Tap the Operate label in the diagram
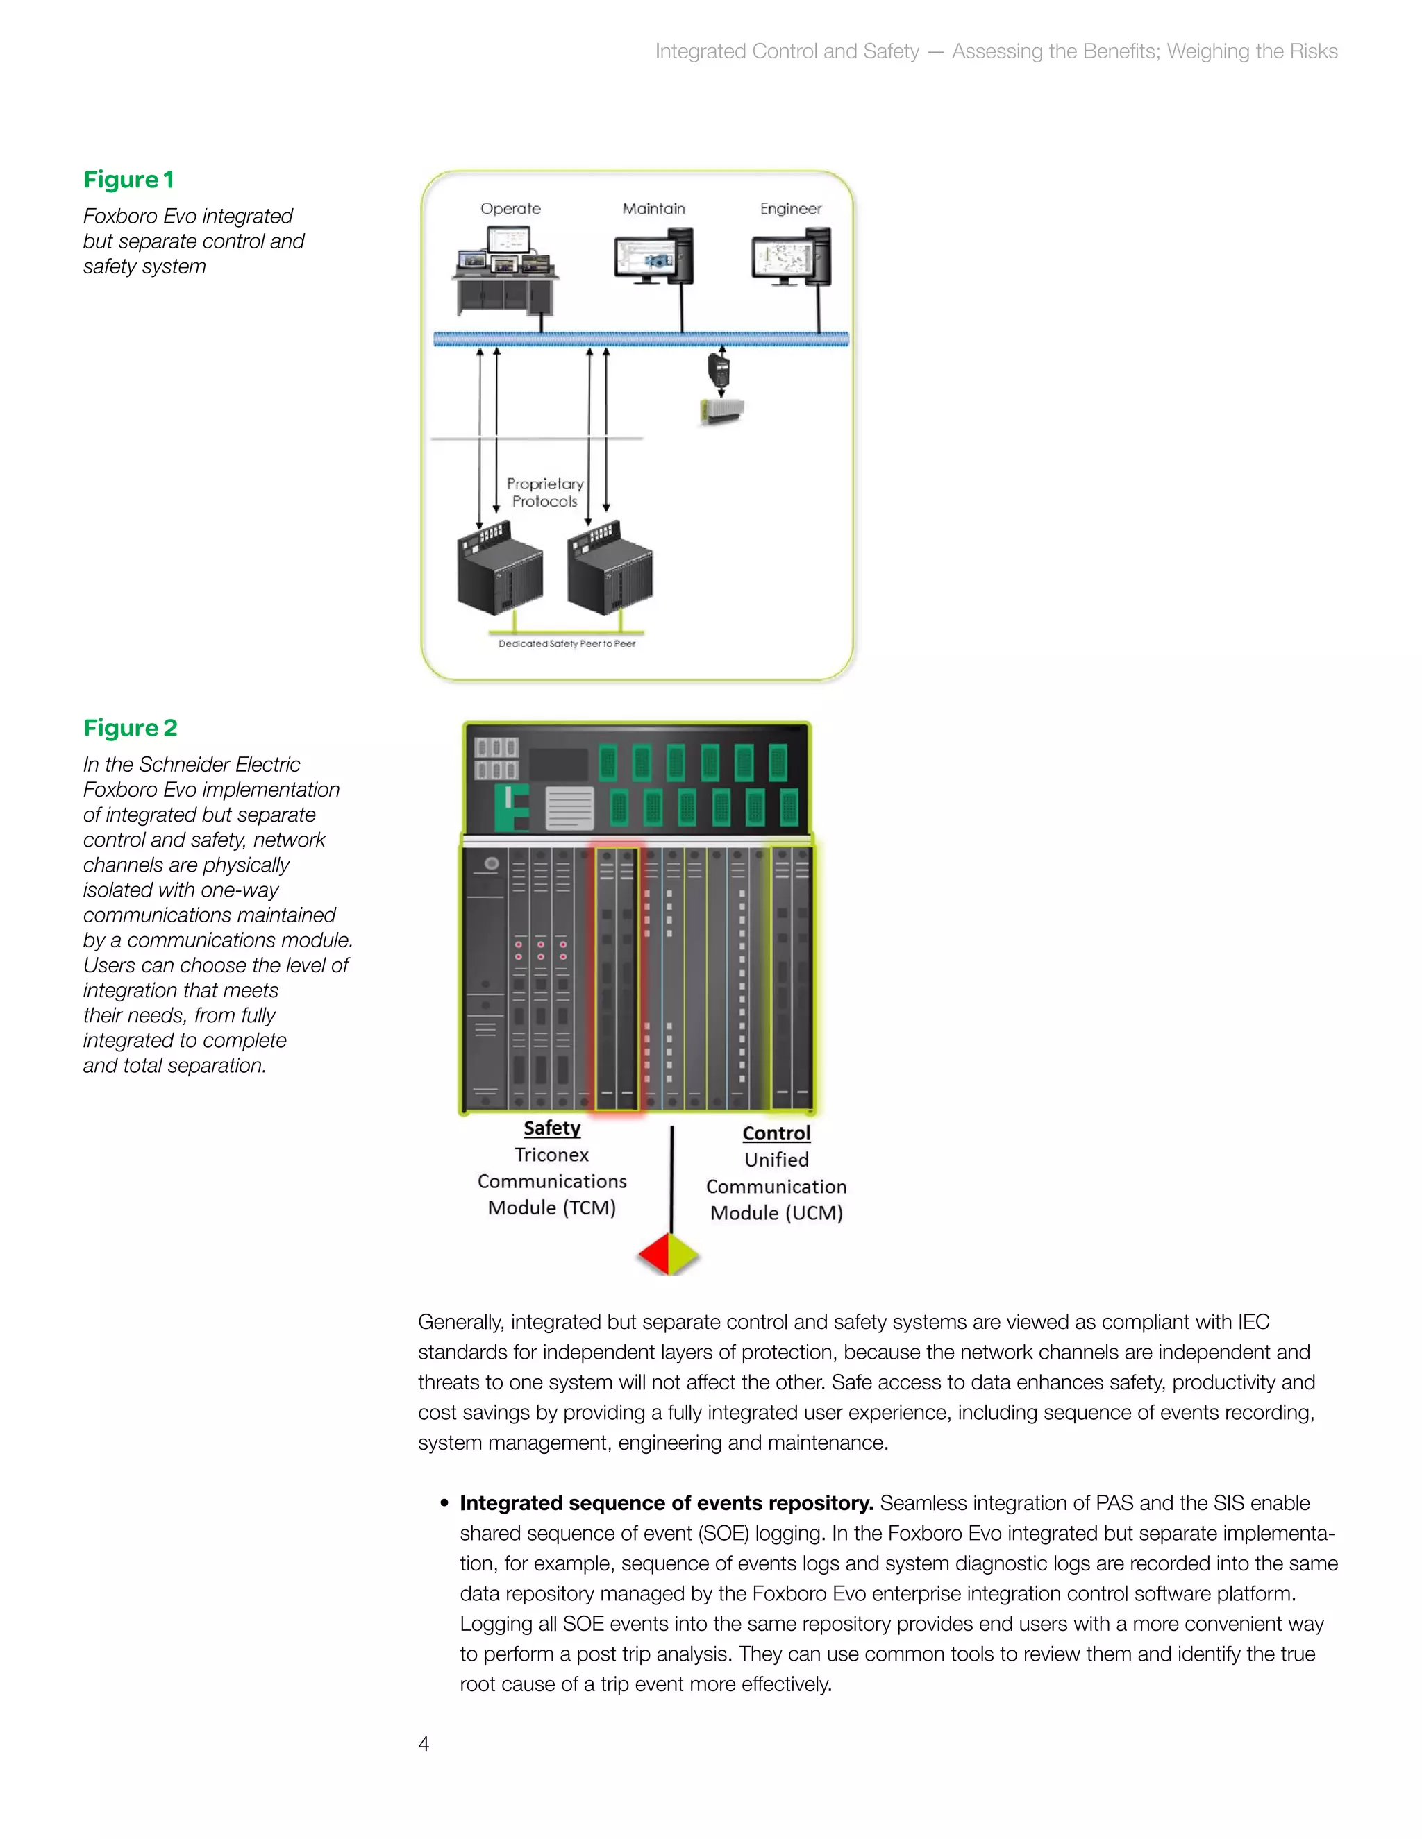pos(510,209)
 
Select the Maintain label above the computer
pos(653,209)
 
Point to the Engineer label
pos(790,209)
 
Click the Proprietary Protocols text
pos(544,493)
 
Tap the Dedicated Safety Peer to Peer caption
pos(567,644)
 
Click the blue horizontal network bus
pos(640,339)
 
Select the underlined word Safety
pos(552,1128)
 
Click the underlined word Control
pos(776,1133)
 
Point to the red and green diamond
pos(669,1255)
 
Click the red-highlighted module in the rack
pos(616,977)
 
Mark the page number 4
pos(424,1744)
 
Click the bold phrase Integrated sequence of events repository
pos(665,1503)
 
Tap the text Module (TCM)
pos(552,1208)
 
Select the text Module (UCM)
pos(776,1213)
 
